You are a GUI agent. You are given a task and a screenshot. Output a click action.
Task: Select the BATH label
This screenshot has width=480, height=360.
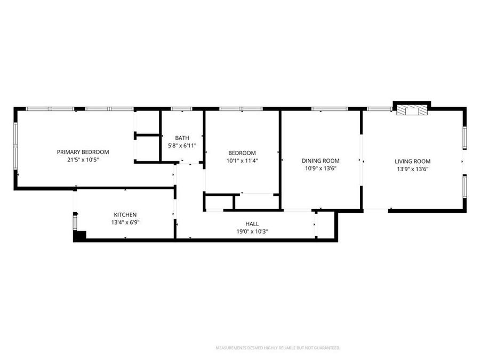[x=182, y=138]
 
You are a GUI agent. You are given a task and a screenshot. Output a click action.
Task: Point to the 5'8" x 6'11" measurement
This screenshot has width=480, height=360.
[x=182, y=146]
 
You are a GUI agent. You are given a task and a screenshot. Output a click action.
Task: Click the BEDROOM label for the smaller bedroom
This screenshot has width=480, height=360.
[x=242, y=153]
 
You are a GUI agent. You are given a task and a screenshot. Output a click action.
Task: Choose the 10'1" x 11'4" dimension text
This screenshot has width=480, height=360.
[x=242, y=161]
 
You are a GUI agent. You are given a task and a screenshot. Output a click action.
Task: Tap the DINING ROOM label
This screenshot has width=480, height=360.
[x=321, y=161]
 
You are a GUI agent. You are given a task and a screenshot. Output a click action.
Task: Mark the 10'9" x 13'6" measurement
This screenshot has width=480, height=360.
[x=321, y=169]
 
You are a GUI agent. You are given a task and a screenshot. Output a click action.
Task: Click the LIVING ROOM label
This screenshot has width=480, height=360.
[x=412, y=161]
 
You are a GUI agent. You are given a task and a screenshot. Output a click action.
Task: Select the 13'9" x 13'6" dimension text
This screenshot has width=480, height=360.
[x=412, y=169]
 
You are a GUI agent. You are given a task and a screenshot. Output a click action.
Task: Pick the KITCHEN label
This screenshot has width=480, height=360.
[x=125, y=214]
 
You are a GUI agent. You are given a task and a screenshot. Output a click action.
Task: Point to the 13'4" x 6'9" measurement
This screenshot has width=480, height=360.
[x=125, y=222]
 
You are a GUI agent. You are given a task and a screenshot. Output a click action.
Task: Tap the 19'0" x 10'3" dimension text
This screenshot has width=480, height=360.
[x=252, y=231]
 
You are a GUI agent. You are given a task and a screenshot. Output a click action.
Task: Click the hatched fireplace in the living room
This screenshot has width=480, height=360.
[x=412, y=110]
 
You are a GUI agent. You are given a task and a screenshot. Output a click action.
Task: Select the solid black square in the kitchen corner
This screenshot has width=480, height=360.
[x=79, y=235]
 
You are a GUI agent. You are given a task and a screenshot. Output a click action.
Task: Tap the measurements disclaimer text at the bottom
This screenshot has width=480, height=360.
[x=277, y=348]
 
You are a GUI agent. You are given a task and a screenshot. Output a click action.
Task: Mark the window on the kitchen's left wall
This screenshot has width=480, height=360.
[x=75, y=221]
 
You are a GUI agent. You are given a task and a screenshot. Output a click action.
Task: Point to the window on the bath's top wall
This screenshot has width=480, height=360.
[x=181, y=109]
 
